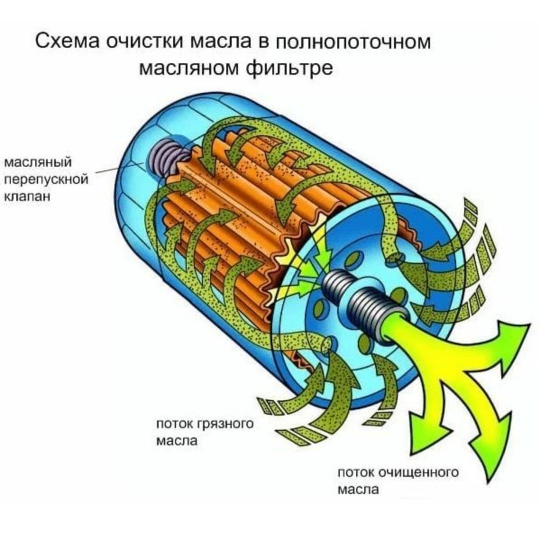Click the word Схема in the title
pyautogui.click(x=68, y=41)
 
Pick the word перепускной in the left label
pyautogui.click(x=45, y=180)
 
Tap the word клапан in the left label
pyautogui.click(x=27, y=196)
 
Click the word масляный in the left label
pyautogui.click(x=38, y=163)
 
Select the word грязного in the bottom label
pyautogui.click(x=225, y=424)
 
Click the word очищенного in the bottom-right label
pyautogui.click(x=419, y=472)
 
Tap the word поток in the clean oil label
pyautogui.click(x=356, y=472)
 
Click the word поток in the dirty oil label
pyautogui.click(x=174, y=424)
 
